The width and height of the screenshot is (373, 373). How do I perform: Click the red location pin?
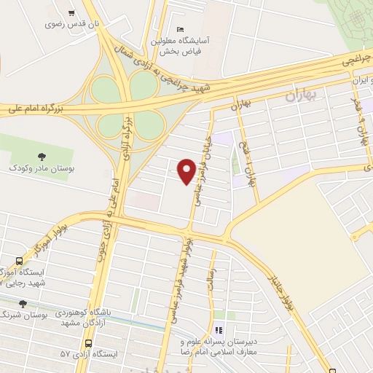[x=186, y=170]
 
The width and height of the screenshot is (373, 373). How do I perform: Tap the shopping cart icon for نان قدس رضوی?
[x=71, y=13]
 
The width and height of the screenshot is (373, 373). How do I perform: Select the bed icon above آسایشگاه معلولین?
[x=181, y=28]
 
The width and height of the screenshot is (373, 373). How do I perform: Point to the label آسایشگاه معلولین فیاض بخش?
[x=180, y=46]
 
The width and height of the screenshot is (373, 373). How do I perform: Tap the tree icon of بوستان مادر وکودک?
[x=41, y=156]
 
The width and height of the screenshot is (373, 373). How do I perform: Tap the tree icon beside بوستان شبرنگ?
[x=23, y=304]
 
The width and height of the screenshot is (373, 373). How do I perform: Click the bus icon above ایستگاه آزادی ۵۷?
[x=88, y=342]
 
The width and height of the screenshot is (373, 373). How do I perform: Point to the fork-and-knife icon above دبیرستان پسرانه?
[x=218, y=329]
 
